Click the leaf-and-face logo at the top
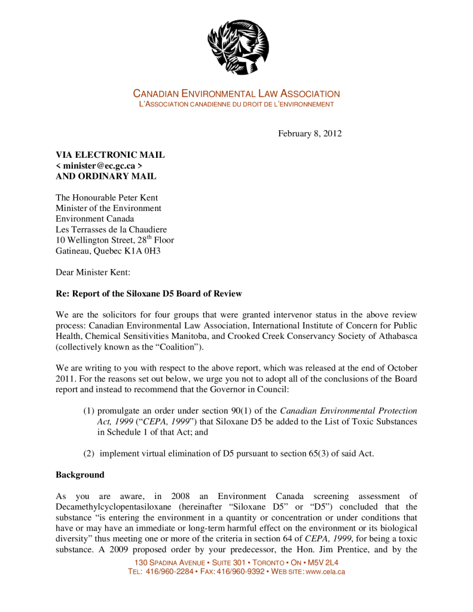pos(237,47)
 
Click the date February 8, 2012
pos(310,133)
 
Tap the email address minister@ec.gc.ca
pos(99,166)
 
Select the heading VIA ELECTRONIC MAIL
pos(110,155)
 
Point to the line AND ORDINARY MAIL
pos(106,176)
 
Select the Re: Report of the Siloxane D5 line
pos(149,293)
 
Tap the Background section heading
pos(80,475)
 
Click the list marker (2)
pos(89,454)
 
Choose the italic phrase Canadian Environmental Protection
pos(349,411)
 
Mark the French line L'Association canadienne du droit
pos(236,105)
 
